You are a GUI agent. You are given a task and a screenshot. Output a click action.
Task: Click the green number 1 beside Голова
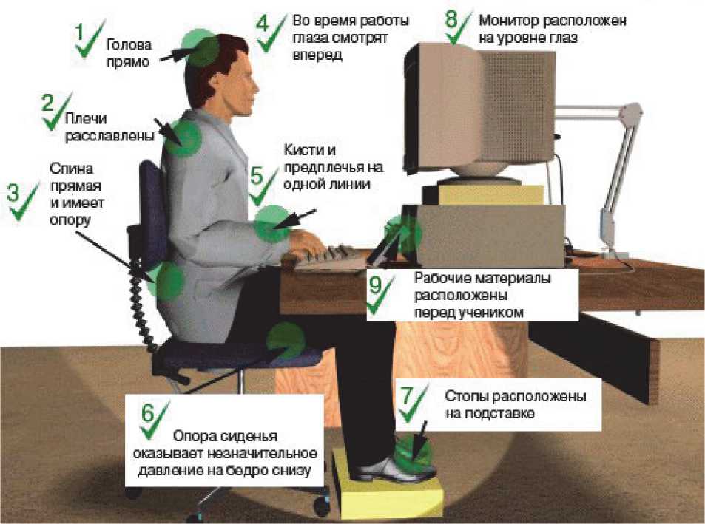click(80, 33)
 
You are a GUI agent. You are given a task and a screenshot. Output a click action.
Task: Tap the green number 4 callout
click(263, 24)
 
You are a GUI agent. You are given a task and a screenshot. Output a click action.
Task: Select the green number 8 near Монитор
click(451, 19)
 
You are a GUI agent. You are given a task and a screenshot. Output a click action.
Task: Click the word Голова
click(129, 45)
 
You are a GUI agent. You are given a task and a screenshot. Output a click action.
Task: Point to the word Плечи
click(86, 118)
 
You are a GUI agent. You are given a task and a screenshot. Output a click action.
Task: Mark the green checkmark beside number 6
click(154, 421)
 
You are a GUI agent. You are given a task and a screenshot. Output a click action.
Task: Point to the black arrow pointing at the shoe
click(421, 440)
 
